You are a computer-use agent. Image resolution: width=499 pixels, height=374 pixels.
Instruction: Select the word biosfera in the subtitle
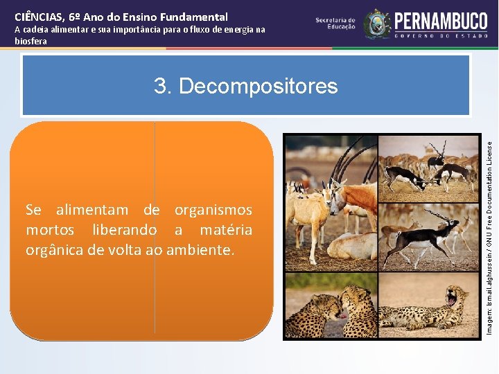30,41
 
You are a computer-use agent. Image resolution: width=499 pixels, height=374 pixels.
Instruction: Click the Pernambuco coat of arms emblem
377,24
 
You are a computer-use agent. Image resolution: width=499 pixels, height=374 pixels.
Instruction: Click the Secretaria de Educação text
335,24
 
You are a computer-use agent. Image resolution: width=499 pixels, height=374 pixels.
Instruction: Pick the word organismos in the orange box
213,210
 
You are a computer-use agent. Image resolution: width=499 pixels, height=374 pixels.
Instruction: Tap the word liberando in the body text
123,230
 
